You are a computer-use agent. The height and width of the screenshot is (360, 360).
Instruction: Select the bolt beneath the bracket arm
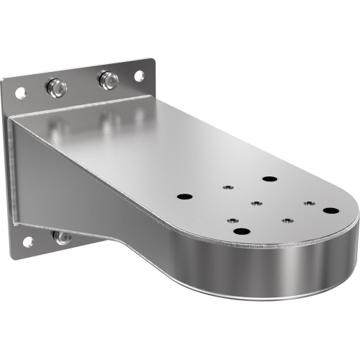tap(63, 236)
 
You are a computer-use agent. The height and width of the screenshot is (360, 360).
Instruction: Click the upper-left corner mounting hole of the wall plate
tap(20, 93)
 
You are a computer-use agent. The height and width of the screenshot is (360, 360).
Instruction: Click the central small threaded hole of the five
tap(256, 203)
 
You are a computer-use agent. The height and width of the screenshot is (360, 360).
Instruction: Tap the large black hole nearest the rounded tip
tap(330, 210)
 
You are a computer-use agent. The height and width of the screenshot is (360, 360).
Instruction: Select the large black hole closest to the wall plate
tap(184, 196)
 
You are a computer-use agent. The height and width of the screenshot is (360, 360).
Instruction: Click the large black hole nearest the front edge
tap(240, 231)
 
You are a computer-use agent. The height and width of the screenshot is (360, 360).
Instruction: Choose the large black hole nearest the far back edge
tap(269, 179)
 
